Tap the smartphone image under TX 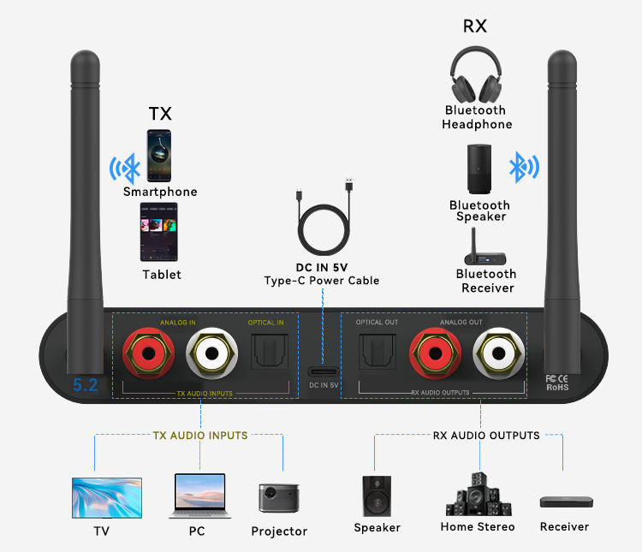click(160, 156)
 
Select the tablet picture click(159, 232)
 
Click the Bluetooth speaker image click(479, 170)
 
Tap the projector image click(279, 498)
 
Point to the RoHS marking click(558, 387)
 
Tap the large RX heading click(475, 27)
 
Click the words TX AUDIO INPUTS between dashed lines click(200, 436)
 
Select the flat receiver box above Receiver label click(565, 502)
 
